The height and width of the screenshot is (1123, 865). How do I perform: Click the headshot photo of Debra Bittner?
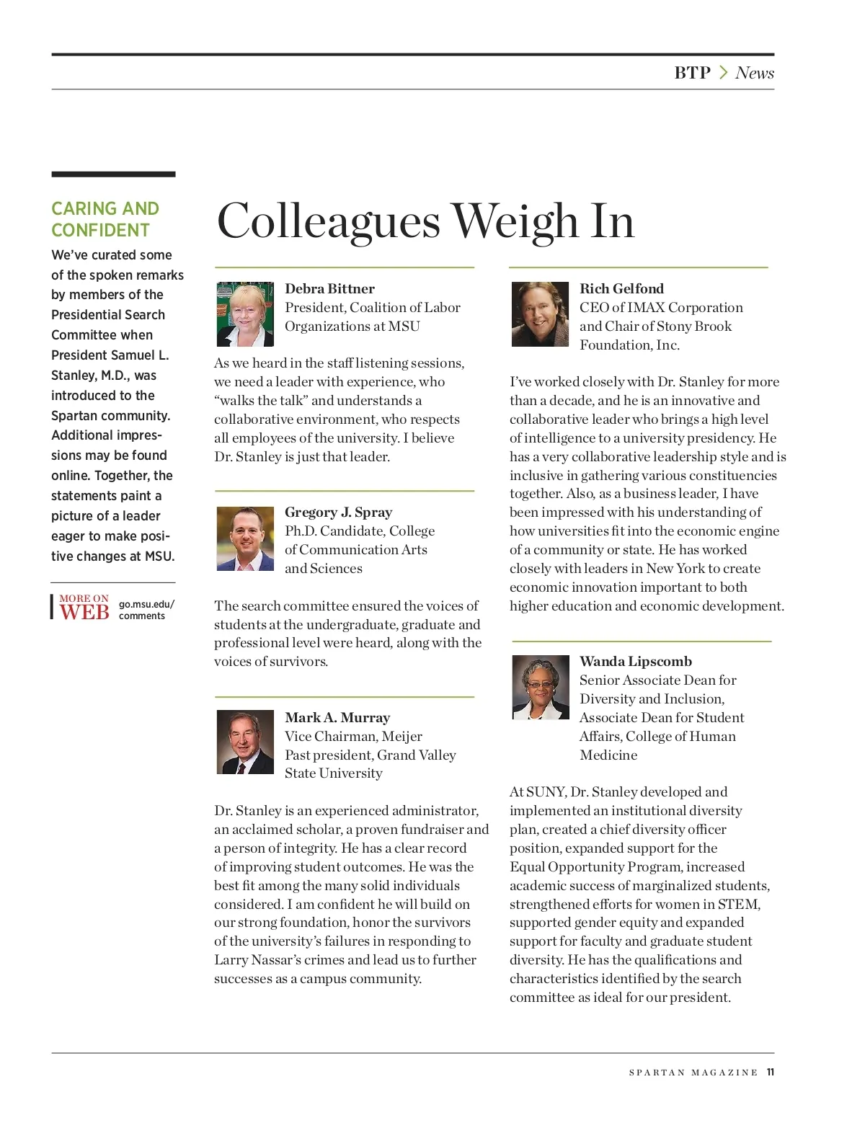[245, 314]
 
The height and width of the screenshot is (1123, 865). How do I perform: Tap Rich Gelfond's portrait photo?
[540, 314]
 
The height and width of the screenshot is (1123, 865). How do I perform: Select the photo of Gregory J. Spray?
[245, 538]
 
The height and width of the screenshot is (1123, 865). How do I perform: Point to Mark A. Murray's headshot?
[245, 742]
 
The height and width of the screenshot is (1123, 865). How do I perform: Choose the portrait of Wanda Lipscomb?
[540, 688]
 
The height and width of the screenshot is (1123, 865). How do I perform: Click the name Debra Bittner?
[329, 288]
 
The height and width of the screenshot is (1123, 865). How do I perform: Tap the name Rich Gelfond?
[621, 288]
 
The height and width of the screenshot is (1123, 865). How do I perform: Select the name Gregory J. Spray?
[338, 512]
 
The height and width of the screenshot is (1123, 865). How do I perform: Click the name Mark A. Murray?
[337, 717]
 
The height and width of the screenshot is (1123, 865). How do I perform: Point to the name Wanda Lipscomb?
[635, 661]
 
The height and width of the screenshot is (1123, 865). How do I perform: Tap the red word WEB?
[84, 613]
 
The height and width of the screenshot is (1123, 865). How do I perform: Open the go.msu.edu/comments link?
[146, 610]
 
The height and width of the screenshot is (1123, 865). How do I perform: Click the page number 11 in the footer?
[770, 1073]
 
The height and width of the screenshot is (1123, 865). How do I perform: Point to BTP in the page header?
[692, 73]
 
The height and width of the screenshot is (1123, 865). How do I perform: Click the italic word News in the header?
[754, 73]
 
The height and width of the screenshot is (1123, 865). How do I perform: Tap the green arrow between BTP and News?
[724, 73]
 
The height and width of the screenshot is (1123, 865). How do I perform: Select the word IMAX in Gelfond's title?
[647, 308]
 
